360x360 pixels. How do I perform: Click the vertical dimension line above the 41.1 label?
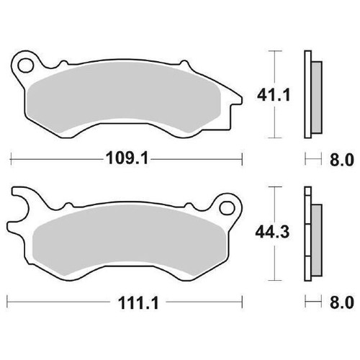click(x=273, y=65)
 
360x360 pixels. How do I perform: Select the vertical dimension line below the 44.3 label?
click(x=273, y=263)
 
